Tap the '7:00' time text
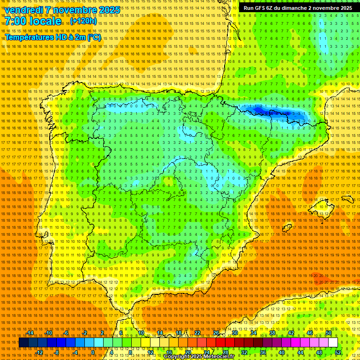pos(16,21)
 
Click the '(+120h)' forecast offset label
pos(83,21)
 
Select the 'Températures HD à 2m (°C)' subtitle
pos(52,37)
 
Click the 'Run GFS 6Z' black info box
pos(298,8)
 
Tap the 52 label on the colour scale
pos(338,352)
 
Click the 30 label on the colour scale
pos(235,333)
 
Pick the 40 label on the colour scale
pos(281,352)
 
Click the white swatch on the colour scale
pos(333,343)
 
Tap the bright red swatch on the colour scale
pos(220,343)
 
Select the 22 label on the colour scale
pos(197,333)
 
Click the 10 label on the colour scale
pos(141,333)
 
